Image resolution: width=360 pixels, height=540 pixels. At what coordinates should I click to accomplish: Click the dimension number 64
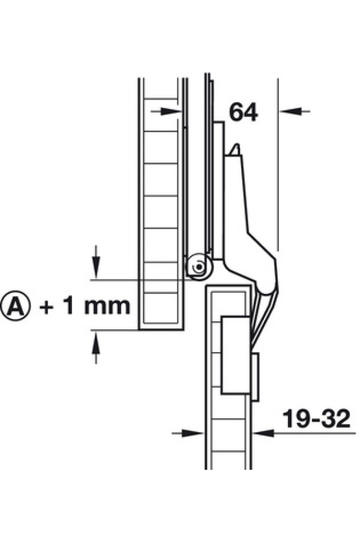(243, 112)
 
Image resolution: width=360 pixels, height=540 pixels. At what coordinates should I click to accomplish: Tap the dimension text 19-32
(316, 418)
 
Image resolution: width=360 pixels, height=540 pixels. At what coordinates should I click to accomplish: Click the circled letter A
(15, 305)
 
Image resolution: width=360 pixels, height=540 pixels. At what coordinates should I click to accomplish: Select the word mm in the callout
(107, 307)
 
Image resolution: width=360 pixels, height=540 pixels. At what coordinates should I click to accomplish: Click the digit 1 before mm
(68, 305)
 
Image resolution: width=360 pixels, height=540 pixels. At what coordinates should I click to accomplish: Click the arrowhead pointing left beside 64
(289, 111)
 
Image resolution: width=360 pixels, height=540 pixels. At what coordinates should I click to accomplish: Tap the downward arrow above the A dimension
(96, 262)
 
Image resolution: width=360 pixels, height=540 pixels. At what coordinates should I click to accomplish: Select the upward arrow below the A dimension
(96, 347)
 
